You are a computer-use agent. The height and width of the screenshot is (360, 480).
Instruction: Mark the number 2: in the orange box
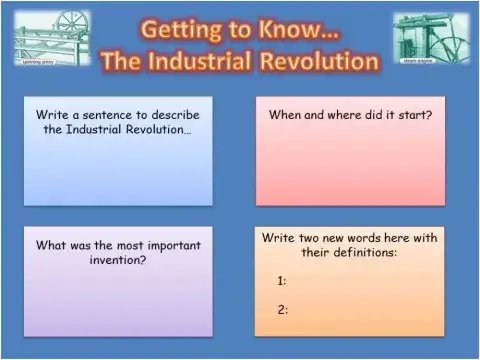point(283,309)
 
